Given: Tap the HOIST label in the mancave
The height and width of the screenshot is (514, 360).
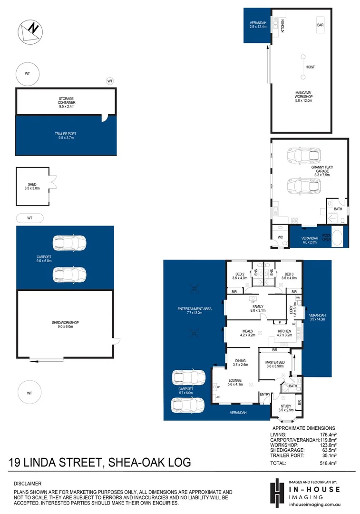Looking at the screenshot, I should pos(310,67).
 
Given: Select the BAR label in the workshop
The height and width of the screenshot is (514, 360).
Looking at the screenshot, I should pos(321,24).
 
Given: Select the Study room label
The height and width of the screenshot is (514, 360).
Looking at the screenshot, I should pos(285,408).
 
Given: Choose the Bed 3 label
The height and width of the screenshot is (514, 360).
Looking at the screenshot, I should pos(289,276).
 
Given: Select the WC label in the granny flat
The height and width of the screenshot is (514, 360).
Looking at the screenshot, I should pos(280,237).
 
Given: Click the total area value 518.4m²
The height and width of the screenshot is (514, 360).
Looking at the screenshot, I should pos(330,463).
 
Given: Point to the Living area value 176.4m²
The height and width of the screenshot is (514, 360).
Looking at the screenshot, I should pos(330,435).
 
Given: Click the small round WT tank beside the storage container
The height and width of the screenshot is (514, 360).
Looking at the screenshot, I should pos(110,81).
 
